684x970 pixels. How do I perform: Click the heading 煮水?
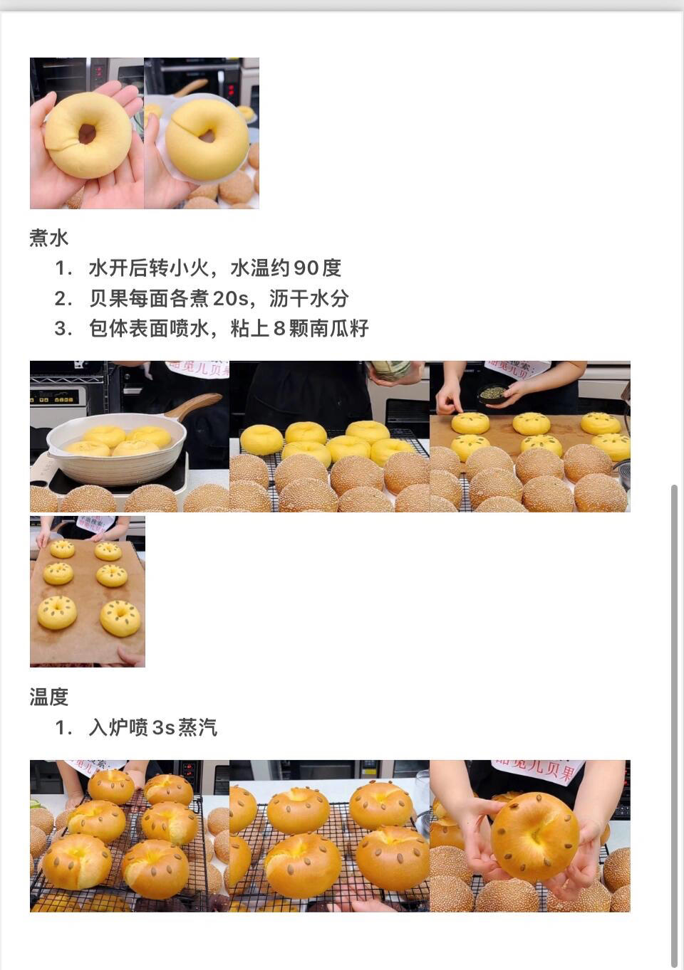click(x=49, y=238)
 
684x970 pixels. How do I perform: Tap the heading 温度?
click(x=49, y=697)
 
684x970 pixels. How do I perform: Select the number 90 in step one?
click(x=306, y=268)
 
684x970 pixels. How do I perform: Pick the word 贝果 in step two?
click(x=108, y=298)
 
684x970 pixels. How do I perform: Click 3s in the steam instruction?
click(x=164, y=727)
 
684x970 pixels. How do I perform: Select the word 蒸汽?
click(x=198, y=727)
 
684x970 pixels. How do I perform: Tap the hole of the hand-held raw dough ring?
click(x=87, y=133)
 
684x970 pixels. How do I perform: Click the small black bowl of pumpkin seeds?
click(x=492, y=395)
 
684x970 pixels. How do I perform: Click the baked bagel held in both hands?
click(x=536, y=837)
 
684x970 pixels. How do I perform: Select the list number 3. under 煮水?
click(x=63, y=328)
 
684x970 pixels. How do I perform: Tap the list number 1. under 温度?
click(x=63, y=727)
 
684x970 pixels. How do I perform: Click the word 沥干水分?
click(x=309, y=298)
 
